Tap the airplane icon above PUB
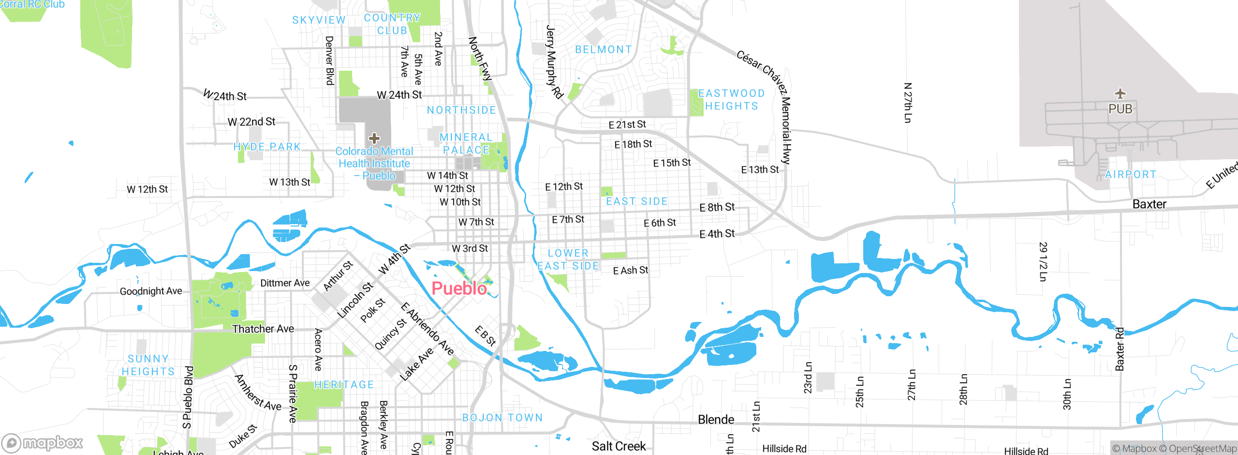pyautogui.click(x=1120, y=93)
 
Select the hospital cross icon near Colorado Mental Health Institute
pyautogui.click(x=374, y=138)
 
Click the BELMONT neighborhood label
pyautogui.click(x=604, y=49)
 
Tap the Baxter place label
pyautogui.click(x=1149, y=204)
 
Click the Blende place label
pyautogui.click(x=716, y=420)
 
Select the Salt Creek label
pyautogui.click(x=619, y=446)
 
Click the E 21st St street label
pyautogui.click(x=627, y=125)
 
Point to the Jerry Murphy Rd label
pyautogui.click(x=554, y=62)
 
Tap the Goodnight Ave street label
pyautogui.click(x=151, y=291)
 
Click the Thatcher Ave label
pyautogui.click(x=263, y=329)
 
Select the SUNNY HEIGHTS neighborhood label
pyautogui.click(x=148, y=365)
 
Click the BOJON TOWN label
pyautogui.click(x=502, y=417)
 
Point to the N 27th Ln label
pyautogui.click(x=908, y=103)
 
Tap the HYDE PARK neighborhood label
pyautogui.click(x=267, y=147)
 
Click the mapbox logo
pyautogui.click(x=43, y=442)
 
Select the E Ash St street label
pyautogui.click(x=630, y=270)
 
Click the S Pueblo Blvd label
pyautogui.click(x=188, y=397)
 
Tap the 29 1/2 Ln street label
pyautogui.click(x=1043, y=261)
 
